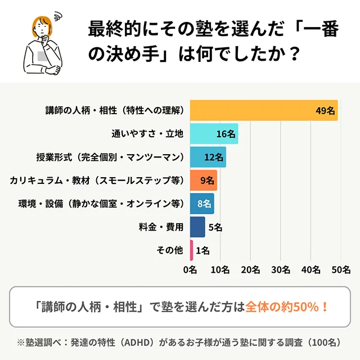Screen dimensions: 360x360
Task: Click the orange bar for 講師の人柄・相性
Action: (263, 110)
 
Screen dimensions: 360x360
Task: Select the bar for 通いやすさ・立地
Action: (214, 134)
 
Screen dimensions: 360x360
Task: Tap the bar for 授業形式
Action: (208, 157)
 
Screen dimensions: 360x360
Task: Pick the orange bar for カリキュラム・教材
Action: (203, 181)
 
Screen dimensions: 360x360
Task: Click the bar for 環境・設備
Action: (201, 204)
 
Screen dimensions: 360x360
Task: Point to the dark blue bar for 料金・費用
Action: (197, 227)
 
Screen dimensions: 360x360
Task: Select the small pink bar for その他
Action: (192, 250)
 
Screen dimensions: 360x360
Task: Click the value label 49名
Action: (325, 111)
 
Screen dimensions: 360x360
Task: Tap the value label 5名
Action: (215, 227)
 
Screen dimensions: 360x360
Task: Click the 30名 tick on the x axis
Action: (281, 269)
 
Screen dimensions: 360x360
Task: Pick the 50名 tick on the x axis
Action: (341, 269)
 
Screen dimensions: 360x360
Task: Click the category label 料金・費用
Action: (160, 227)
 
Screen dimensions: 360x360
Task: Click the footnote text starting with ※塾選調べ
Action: (179, 342)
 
